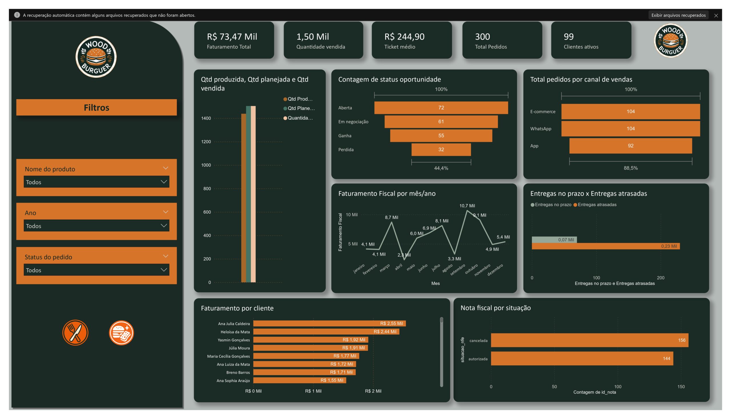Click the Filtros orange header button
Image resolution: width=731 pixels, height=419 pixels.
point(97,107)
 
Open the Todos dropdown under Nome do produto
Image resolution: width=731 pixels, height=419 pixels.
point(97,182)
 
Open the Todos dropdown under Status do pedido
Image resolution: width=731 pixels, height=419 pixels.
point(97,270)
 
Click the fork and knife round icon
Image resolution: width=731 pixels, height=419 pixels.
point(75,333)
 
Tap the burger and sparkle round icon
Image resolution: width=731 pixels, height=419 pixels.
point(121,333)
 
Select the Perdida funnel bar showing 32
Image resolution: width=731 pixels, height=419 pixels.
point(441,150)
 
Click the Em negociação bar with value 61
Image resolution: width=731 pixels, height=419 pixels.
point(441,122)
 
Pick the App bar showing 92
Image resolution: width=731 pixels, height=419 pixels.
point(630,146)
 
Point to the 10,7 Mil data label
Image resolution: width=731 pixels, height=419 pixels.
point(467,206)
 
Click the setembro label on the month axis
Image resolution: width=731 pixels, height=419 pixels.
point(458,270)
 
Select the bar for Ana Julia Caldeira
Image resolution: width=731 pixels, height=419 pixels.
point(329,323)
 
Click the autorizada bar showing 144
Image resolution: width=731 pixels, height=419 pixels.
point(582,358)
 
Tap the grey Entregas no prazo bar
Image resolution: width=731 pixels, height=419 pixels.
point(554,240)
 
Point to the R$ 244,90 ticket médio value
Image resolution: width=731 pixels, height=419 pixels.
point(404,37)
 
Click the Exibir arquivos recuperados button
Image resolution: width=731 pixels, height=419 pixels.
point(678,15)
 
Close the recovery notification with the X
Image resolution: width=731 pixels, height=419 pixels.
point(716,15)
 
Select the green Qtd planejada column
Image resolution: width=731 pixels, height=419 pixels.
point(248,194)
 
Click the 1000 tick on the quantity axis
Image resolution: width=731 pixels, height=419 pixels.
point(206,165)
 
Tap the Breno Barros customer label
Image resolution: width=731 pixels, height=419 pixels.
point(238,372)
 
